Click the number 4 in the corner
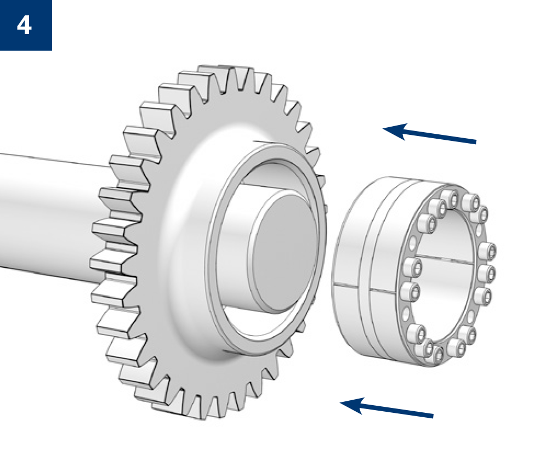click(24, 26)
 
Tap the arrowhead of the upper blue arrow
click(395, 131)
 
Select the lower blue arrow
click(386, 408)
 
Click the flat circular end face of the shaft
click(283, 251)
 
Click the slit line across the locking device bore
click(445, 259)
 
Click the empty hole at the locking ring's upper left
click(412, 244)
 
